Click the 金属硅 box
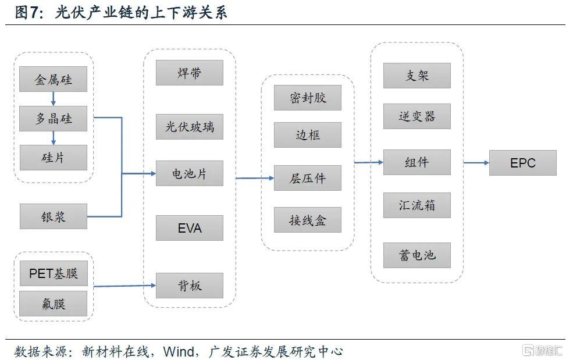click(x=54, y=79)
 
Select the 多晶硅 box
click(x=54, y=119)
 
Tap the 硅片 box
click(x=54, y=157)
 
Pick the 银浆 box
click(x=54, y=216)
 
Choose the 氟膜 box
click(x=54, y=304)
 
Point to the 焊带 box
click(x=190, y=73)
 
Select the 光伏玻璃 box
click(x=190, y=126)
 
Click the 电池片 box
click(x=190, y=173)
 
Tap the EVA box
click(x=190, y=228)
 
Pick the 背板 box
click(x=190, y=285)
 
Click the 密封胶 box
click(x=308, y=98)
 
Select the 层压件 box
click(x=308, y=178)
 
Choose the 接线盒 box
click(x=308, y=220)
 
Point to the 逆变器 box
click(x=417, y=116)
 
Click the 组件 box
click(x=417, y=162)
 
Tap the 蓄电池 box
click(x=417, y=255)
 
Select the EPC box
click(x=522, y=163)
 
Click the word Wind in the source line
click(x=179, y=351)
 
